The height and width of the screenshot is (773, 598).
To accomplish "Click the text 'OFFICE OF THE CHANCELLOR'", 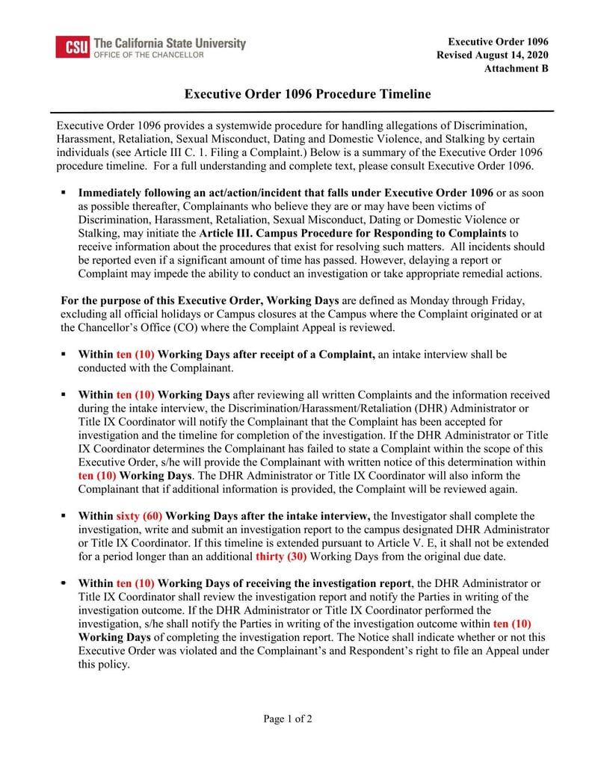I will point(148,55).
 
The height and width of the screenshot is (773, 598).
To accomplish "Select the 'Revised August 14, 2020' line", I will point(493,55).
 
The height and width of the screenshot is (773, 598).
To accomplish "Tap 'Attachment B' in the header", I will point(517,69).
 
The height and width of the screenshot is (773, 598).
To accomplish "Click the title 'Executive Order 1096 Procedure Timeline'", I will point(308,94).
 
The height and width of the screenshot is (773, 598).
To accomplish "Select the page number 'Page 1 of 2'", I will point(288,719).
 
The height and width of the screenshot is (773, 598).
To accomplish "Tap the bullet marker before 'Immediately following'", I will point(64,193).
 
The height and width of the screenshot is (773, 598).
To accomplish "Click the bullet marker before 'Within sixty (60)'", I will point(64,516).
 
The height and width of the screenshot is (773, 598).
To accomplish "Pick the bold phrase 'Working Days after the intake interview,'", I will point(268,516).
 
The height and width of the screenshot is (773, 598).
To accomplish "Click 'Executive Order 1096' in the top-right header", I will point(499,42).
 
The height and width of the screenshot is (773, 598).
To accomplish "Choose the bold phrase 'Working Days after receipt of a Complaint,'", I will point(266,354).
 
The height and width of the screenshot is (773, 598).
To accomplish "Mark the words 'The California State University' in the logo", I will point(170,43).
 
